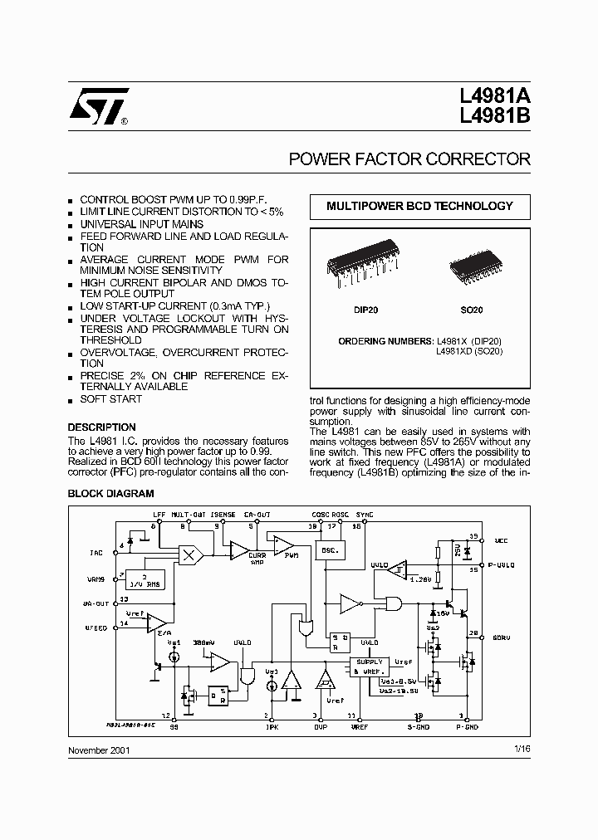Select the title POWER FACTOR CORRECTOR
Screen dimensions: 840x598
click(409, 159)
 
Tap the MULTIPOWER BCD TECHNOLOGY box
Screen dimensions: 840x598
click(419, 206)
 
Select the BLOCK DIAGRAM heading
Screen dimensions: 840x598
click(110, 493)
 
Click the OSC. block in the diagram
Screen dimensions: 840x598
click(329, 549)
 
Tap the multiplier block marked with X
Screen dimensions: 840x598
click(190, 554)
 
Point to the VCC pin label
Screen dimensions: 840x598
click(500, 540)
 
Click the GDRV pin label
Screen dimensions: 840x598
click(502, 637)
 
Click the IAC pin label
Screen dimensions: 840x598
click(96, 551)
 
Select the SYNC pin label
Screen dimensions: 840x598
click(365, 515)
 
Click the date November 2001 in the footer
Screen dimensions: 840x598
click(98, 750)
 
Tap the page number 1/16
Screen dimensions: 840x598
click(522, 749)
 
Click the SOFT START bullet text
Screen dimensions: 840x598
click(110, 399)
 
